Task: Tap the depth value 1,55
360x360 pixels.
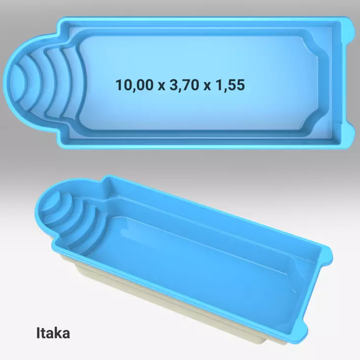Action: pos(230,85)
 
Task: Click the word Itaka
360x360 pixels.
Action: pos(53,333)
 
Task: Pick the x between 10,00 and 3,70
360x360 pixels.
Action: pos(161,86)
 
